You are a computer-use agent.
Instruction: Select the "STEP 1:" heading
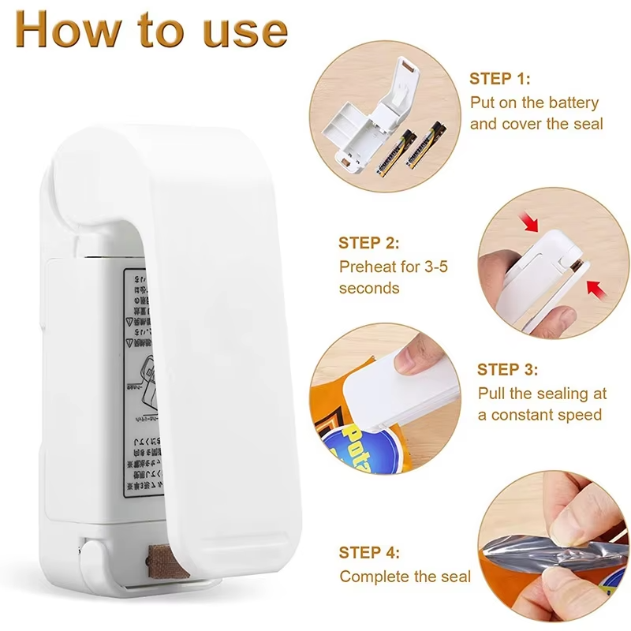pos(500,79)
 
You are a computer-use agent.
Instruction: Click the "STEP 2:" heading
pos(369,243)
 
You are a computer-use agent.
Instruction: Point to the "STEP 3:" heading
pos(508,369)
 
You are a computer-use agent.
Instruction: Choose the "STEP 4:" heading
pos(369,553)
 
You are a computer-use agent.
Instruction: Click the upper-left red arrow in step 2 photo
pos(531,224)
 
